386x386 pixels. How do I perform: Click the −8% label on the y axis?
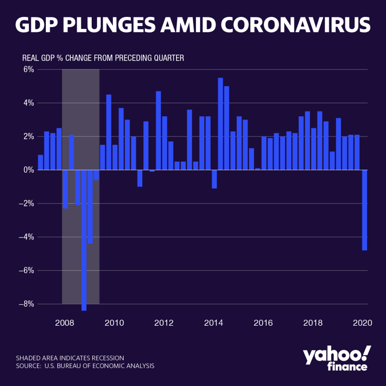point(26,304)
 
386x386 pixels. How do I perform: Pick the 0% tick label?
point(28,170)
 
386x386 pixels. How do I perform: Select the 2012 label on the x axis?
point(164,322)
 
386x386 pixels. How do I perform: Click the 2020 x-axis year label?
point(362,322)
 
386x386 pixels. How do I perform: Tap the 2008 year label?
point(64,322)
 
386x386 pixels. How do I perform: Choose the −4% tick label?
point(26,237)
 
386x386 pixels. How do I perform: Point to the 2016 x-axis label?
point(263,322)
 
